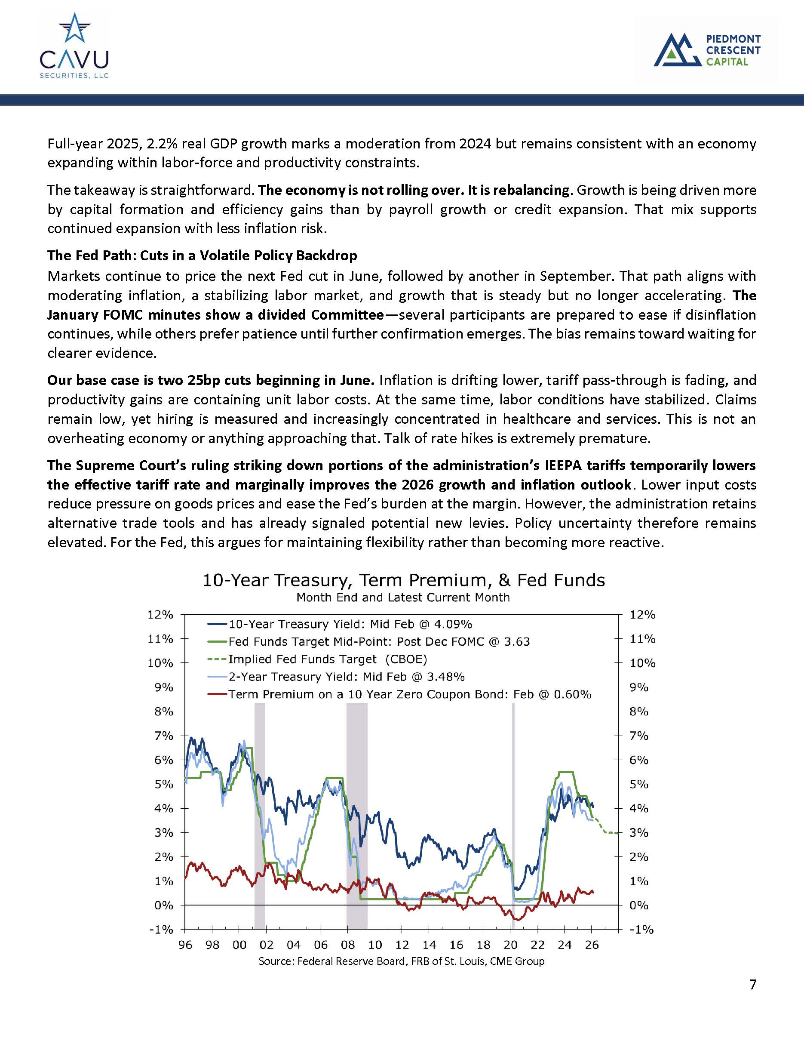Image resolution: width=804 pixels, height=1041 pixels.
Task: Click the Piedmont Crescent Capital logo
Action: pos(707,50)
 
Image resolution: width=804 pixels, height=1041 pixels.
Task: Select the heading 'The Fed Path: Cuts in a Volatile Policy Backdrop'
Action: pos(202,256)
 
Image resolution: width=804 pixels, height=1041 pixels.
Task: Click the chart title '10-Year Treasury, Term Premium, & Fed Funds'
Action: pos(403,581)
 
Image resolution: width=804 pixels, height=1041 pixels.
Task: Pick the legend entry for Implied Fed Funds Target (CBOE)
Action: pos(327,659)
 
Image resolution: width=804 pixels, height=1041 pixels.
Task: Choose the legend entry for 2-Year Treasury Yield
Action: pos(346,677)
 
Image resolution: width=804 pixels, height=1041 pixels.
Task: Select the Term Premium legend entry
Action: pos(409,694)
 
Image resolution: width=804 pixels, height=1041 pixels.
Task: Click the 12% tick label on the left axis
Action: pos(160,615)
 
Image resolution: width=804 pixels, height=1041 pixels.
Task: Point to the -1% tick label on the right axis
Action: pos(641,930)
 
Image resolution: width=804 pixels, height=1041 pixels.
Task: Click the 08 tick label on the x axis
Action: pos(348,945)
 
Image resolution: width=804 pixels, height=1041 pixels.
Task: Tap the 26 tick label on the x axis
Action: pos(592,945)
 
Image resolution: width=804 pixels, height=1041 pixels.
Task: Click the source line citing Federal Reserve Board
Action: pos(401,961)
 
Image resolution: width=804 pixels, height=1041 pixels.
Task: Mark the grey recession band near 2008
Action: pos(357,810)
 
